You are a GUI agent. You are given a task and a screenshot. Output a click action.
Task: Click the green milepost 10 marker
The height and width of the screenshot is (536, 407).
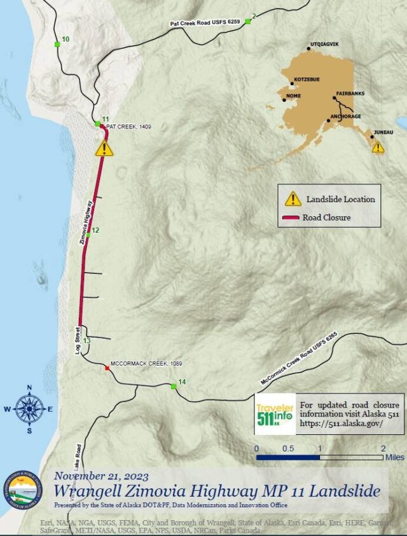(57, 44)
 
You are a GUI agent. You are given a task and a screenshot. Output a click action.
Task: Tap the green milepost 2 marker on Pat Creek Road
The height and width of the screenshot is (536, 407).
(248, 22)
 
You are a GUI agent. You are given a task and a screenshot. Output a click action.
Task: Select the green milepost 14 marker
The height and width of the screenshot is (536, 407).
(174, 386)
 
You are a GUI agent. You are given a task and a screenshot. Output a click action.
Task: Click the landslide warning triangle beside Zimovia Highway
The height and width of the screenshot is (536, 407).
(104, 148)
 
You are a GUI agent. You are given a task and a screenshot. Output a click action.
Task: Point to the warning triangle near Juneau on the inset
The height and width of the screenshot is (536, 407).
(378, 148)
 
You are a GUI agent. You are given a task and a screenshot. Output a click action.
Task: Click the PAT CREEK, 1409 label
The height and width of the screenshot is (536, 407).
(128, 127)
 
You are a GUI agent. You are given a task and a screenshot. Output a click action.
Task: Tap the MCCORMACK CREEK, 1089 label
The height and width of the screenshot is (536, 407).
(146, 364)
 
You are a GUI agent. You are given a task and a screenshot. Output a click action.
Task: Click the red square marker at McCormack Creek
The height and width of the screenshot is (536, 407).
(107, 368)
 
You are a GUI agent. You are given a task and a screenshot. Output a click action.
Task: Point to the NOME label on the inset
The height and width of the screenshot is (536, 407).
(294, 96)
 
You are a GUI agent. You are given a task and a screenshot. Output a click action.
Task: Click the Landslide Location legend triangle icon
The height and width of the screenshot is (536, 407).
(293, 198)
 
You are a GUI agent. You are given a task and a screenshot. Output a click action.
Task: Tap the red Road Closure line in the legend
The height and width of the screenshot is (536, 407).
(291, 217)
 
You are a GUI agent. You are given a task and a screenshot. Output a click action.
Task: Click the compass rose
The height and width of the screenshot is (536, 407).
(29, 409)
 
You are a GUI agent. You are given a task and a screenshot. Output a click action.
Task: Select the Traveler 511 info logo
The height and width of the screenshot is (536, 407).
(275, 414)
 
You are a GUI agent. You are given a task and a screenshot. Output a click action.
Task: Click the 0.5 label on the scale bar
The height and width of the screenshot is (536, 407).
(288, 448)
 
